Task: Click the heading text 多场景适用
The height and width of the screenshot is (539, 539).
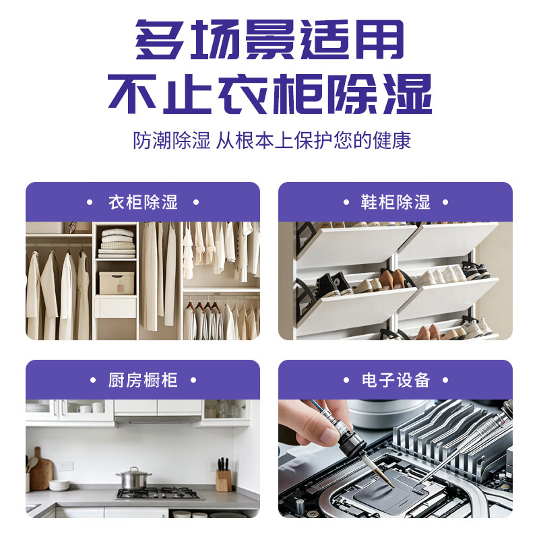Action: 269,40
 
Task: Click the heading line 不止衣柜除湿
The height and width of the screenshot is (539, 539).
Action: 270,94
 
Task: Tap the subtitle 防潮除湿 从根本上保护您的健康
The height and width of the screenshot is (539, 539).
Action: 272,140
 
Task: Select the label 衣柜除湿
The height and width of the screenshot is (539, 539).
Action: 143,202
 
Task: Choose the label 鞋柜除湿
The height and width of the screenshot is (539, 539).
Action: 395,202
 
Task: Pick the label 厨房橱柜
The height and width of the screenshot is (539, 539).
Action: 143,380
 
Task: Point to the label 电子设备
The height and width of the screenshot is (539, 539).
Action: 395,380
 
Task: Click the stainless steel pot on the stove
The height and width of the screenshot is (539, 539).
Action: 133,479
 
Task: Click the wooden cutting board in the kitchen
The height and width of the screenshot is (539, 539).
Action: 41,469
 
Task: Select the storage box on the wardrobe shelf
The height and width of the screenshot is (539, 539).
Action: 117,283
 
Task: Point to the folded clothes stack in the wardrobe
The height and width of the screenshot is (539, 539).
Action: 117,243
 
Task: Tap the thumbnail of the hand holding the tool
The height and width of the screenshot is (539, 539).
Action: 395,459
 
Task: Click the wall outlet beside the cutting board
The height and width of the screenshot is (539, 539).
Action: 65,466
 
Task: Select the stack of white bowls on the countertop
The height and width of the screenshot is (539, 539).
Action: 59,485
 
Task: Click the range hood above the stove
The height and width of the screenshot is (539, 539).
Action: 158,420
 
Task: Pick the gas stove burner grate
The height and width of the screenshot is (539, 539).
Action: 158,493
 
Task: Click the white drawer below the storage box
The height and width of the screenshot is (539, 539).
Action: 115,307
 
